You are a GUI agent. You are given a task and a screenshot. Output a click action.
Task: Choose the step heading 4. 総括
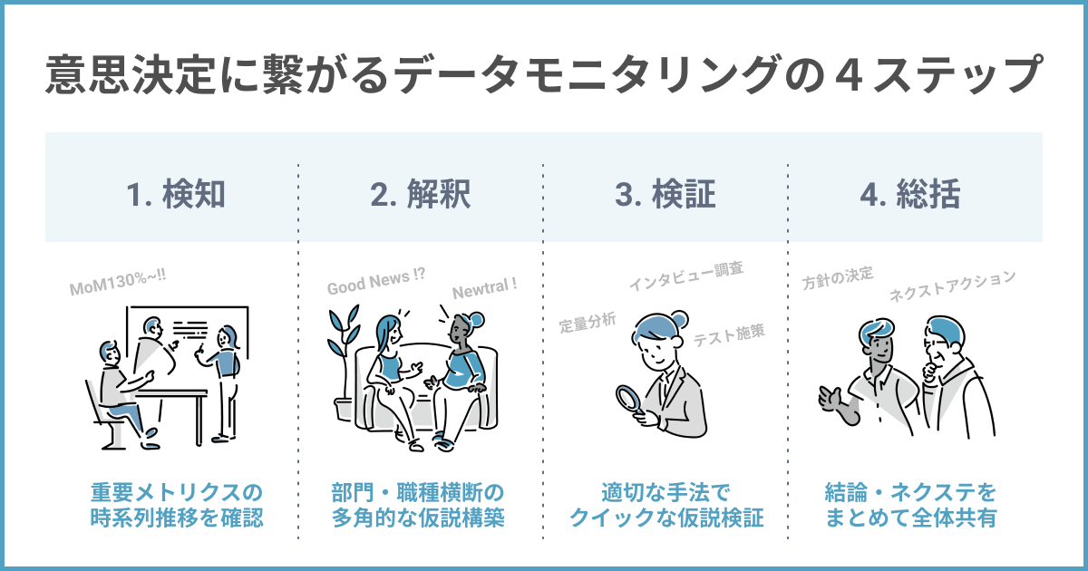pyautogui.click(x=911, y=196)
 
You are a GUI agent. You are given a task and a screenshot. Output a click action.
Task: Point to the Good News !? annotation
pyautogui.click(x=375, y=284)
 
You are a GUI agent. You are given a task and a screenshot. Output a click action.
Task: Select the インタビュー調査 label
pyautogui.click(x=686, y=275)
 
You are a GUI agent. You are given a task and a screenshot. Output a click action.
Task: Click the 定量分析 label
pyautogui.click(x=588, y=323)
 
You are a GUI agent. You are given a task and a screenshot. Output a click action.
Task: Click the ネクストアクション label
pyautogui.click(x=952, y=285)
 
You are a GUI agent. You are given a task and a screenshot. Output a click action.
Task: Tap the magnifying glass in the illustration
pyautogui.click(x=628, y=399)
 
